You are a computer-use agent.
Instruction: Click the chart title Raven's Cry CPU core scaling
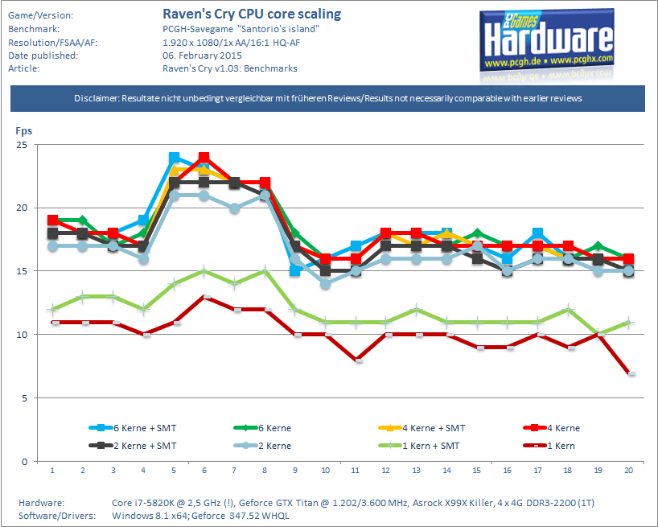[252, 14]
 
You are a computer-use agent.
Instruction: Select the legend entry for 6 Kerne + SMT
[133, 428]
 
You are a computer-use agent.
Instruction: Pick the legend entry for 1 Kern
[549, 446]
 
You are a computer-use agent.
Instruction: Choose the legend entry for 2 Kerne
[262, 446]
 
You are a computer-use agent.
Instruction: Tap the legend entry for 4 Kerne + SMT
[422, 428]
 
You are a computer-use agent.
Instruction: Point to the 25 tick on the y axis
[22, 145]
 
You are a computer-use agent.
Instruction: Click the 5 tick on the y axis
[24, 397]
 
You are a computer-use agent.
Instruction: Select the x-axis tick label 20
[628, 471]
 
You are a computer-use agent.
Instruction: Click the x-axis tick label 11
[355, 471]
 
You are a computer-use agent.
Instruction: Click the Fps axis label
[23, 131]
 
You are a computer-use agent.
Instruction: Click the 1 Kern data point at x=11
[358, 360]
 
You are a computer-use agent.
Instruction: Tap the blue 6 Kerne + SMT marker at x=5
[174, 158]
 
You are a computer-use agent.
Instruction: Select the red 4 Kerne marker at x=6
[204, 158]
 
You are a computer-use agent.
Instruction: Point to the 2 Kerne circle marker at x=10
[325, 284]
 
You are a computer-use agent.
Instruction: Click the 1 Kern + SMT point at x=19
[598, 335]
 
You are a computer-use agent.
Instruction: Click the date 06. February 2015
[202, 56]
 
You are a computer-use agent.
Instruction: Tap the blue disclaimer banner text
[327, 98]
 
